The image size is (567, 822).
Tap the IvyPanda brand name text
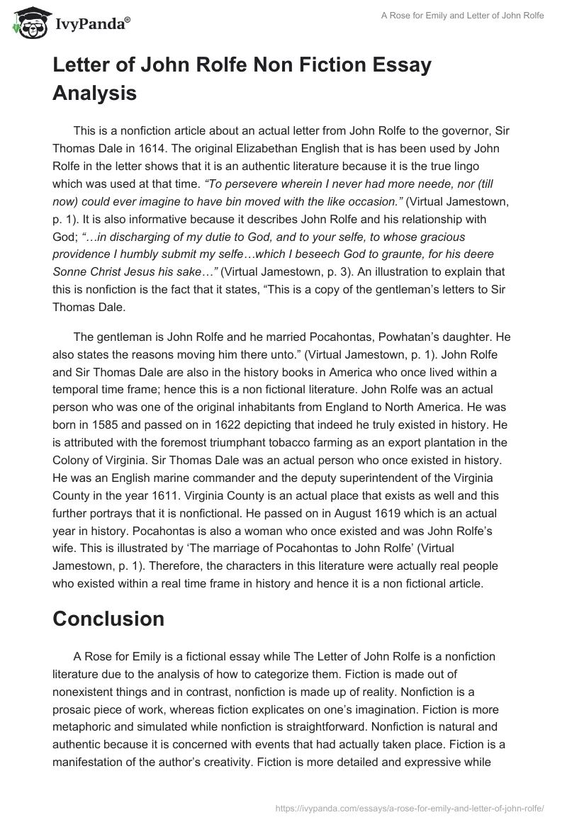tap(91, 25)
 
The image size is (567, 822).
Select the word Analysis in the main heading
tap(94, 92)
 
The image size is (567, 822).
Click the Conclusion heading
tap(108, 619)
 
